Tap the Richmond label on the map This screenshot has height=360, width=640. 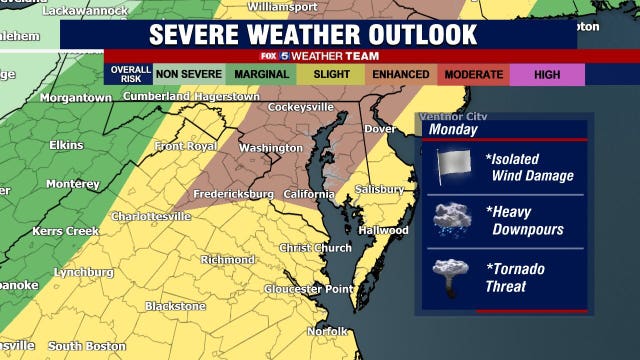coord(228,259)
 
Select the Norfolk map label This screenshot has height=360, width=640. coord(327,330)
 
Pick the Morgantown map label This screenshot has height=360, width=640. coord(75,97)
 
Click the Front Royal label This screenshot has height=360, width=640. coord(186,146)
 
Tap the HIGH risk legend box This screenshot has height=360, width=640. coord(546,74)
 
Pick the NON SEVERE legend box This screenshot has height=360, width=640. coord(187,74)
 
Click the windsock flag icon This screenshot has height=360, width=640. coord(452,167)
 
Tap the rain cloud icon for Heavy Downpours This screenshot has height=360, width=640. coord(451,221)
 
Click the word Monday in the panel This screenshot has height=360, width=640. coord(451,130)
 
